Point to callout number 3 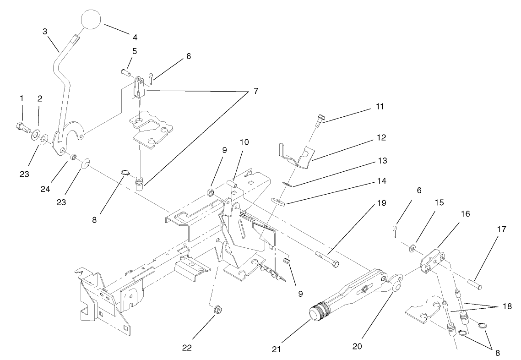click(45, 31)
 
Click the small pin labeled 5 click(125, 72)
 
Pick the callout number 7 click(255, 91)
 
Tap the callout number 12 click(381, 137)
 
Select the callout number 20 click(357, 347)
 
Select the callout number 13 click(381, 161)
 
